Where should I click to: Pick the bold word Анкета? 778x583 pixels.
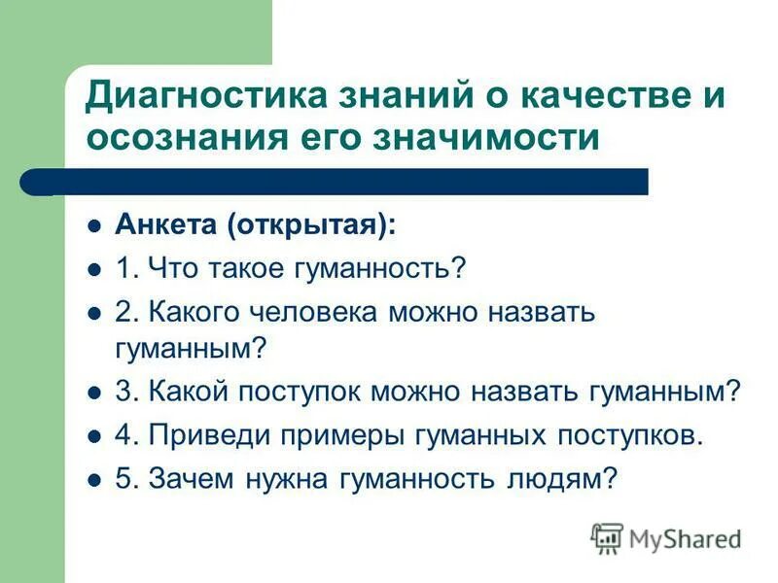pyautogui.click(x=167, y=225)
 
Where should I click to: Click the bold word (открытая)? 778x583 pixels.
pyautogui.click(x=312, y=225)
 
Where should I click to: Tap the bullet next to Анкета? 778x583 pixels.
pyautogui.click(x=94, y=226)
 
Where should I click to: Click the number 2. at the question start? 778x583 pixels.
pyautogui.click(x=127, y=312)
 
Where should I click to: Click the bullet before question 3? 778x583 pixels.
pyautogui.click(x=94, y=393)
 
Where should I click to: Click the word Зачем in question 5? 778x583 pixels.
pyautogui.click(x=188, y=477)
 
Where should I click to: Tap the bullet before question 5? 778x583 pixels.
pyautogui.click(x=94, y=478)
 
